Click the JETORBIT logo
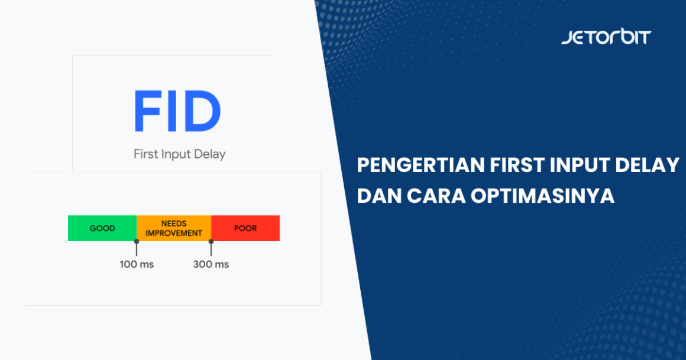606,37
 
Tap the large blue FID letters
177,111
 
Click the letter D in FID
200,111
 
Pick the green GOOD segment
102,228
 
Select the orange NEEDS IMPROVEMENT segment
174,228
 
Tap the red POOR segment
245,228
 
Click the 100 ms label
137,264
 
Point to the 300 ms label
211,264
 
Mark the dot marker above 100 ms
137,241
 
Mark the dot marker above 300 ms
211,241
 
